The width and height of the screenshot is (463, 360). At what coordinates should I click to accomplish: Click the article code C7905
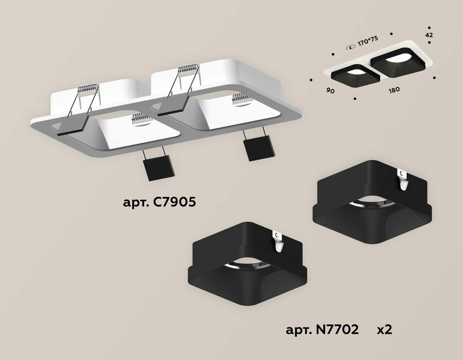pos(159,202)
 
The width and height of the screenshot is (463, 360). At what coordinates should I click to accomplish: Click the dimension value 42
pos(429,35)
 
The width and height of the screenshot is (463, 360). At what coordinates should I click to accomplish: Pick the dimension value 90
pos(331,91)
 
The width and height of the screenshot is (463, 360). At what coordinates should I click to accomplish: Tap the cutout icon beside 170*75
pos(350,47)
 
